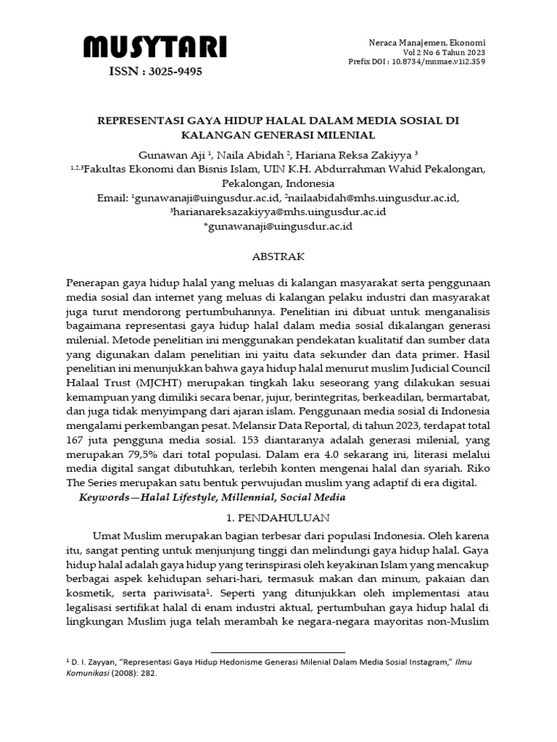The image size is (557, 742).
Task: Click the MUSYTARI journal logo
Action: tap(154, 48)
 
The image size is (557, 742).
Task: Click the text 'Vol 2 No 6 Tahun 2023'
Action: tap(445, 52)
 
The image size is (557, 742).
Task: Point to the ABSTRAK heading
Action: tap(278, 257)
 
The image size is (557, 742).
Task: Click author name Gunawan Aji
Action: tap(165, 154)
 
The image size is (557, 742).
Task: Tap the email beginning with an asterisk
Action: tap(278, 226)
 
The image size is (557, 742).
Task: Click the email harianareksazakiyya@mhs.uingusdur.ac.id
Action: tap(278, 212)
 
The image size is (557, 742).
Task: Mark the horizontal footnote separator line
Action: tap(278, 652)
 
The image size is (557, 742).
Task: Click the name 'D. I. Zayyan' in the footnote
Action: tap(92, 662)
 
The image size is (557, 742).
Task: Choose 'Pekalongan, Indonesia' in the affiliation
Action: tap(278, 183)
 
